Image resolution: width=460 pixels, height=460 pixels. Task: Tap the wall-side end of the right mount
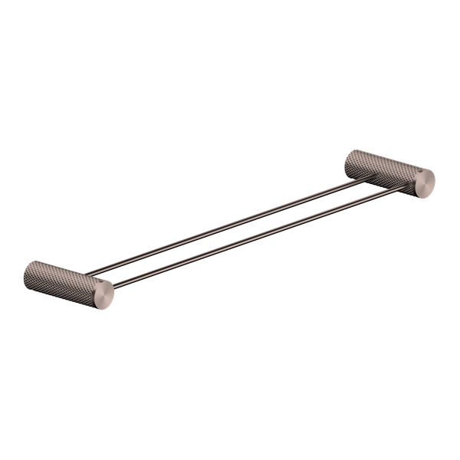point(350,156)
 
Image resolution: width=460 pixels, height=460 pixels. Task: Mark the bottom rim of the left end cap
point(103,305)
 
